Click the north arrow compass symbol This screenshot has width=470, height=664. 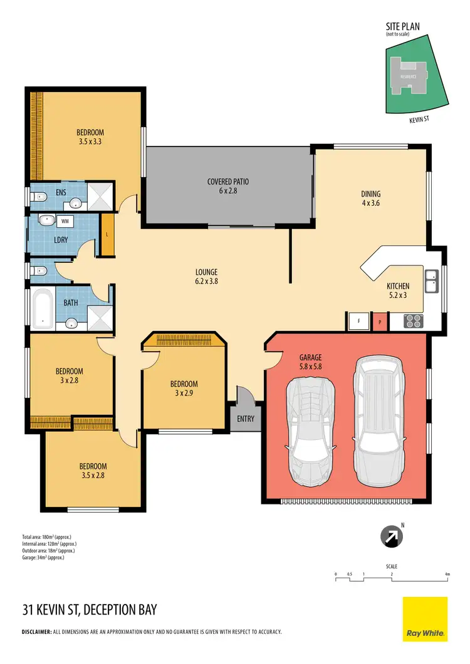pos(390,536)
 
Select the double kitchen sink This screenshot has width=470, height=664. pos(431,281)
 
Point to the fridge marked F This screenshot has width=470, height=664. pos(358,321)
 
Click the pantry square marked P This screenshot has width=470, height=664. pos(379,322)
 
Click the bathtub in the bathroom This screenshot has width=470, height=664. pos(43,309)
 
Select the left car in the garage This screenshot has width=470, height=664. pos(311,431)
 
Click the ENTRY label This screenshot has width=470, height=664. pos(246,419)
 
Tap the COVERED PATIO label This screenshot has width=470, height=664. pos(228,182)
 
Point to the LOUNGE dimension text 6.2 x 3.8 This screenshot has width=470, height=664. pos(206,282)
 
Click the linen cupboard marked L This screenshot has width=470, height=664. pos(108,234)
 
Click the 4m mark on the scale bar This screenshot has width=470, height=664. pos(447,574)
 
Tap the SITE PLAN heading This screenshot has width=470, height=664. pos(402,27)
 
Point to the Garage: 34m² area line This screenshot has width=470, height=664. pos(43,557)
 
